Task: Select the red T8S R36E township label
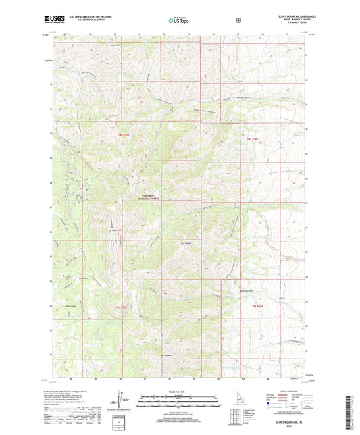pos(251,138)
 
